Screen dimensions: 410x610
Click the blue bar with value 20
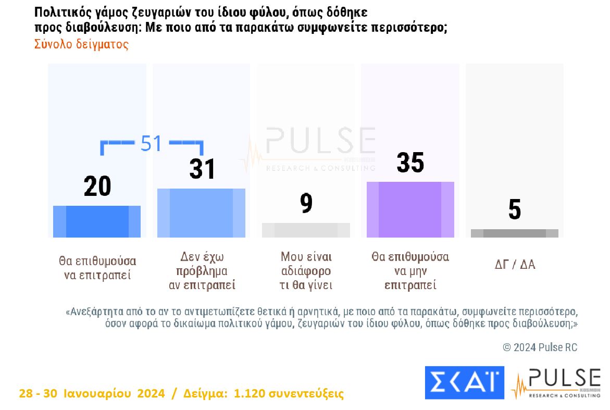[97, 221]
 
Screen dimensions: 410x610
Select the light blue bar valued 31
[201, 213]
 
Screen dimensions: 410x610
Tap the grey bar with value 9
[306, 230]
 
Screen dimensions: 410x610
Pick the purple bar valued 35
[410, 209]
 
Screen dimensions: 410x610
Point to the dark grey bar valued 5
[514, 233]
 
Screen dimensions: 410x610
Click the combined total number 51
[152, 144]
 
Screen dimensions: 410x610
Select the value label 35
[410, 163]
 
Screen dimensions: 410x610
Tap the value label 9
[306, 203]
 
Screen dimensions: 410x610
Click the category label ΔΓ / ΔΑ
[515, 264]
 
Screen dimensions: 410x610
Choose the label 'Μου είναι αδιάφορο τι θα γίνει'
[306, 271]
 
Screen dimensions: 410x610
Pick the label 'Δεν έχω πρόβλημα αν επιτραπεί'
[202, 271]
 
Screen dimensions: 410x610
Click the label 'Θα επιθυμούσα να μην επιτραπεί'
[410, 271]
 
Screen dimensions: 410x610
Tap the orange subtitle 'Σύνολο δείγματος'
[81, 44]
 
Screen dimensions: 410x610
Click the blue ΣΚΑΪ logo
[465, 383]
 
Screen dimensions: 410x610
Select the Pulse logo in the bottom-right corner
[556, 383]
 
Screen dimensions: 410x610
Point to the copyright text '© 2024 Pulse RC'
[540, 347]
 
